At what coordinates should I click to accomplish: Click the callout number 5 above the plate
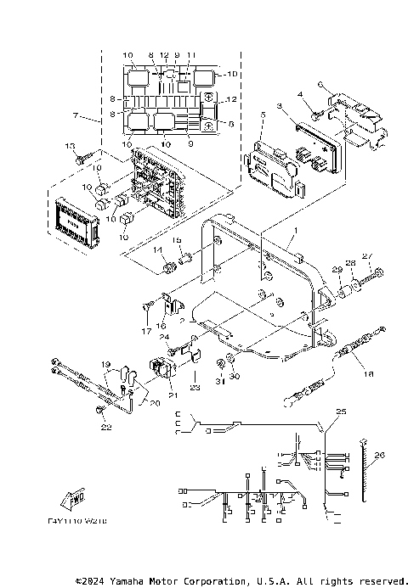(x=263, y=115)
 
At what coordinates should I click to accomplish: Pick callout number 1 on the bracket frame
(x=296, y=232)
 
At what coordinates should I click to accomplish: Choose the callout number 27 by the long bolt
(x=367, y=255)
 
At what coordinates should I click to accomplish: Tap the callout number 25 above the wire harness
(x=342, y=412)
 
